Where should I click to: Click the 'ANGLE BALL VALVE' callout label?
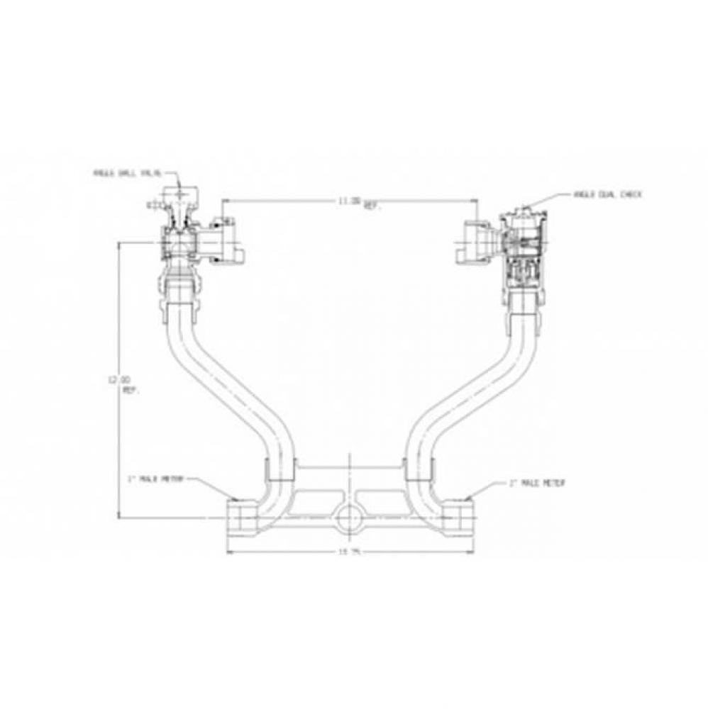(x=127, y=172)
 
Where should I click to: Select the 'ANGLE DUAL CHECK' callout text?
(x=609, y=194)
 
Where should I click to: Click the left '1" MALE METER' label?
(x=157, y=479)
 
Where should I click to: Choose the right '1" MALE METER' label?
(x=536, y=484)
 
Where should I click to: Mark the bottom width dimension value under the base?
(x=346, y=554)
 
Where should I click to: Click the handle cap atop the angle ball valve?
(x=180, y=194)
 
